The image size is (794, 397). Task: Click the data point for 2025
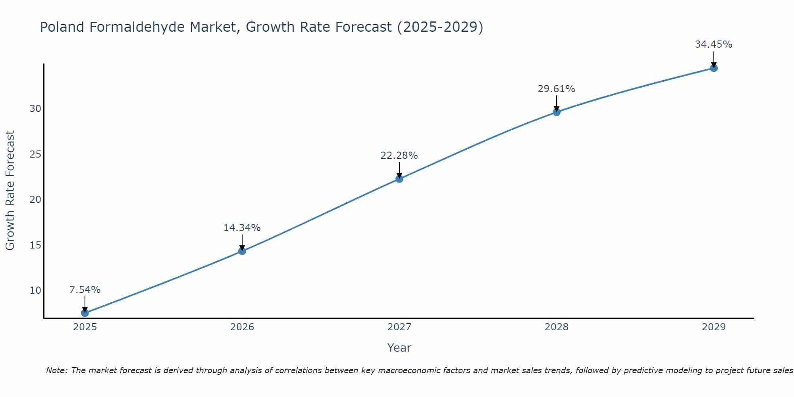point(85,313)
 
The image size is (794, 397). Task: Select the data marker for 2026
point(242,251)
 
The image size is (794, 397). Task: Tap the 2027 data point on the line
point(399,179)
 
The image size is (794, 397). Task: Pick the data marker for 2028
point(557,112)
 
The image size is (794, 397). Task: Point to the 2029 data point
point(714,68)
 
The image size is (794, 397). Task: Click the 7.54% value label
point(85,290)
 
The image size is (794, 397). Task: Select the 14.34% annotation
point(242,228)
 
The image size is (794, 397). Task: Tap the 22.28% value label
point(399,156)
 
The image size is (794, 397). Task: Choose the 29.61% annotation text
point(556,89)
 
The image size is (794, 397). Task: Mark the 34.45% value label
point(713,44)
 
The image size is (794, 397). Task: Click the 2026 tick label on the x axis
point(242,327)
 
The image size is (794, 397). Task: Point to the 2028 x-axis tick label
point(557,327)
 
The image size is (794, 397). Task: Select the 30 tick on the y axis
point(35,109)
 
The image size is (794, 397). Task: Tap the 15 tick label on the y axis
point(35,245)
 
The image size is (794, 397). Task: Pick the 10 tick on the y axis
point(35,290)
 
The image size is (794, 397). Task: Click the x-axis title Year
point(399,348)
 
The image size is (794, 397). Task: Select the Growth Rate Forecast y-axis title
point(10,191)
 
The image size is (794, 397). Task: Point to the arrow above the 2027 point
point(399,170)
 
